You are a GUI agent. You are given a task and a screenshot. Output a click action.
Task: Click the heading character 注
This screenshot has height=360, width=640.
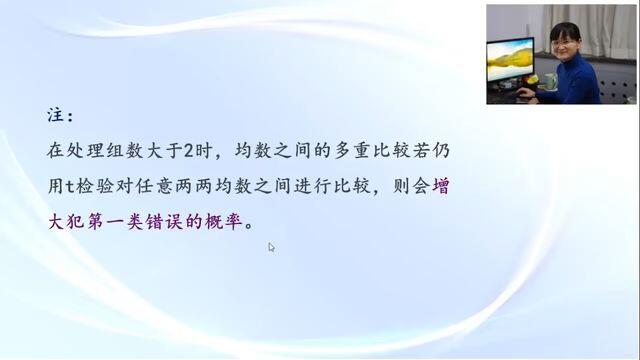tap(56, 115)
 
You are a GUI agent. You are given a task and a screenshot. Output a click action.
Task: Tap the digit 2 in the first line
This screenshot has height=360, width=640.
tap(188, 151)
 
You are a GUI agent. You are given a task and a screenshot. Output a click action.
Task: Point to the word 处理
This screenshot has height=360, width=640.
tap(86, 151)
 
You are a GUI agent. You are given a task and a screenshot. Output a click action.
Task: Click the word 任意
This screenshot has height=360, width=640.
tap(154, 187)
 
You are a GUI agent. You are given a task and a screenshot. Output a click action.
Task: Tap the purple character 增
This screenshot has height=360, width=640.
tap(441, 187)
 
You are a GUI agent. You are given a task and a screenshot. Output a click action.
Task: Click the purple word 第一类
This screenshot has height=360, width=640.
tap(115, 222)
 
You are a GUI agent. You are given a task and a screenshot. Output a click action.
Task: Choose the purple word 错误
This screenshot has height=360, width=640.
tap(164, 222)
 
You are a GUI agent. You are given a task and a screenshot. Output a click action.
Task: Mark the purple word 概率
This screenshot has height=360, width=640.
tap(224, 222)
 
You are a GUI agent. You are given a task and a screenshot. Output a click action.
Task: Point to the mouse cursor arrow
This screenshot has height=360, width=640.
tap(271, 247)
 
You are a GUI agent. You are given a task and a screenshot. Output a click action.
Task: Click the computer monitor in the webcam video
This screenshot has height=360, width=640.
tap(510, 61)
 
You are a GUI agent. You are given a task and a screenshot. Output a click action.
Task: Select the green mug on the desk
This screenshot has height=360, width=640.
tap(551, 81)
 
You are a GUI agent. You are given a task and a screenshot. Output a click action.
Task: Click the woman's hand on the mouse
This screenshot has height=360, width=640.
tap(527, 93)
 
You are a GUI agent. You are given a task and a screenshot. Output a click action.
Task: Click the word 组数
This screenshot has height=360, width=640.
tap(124, 151)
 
